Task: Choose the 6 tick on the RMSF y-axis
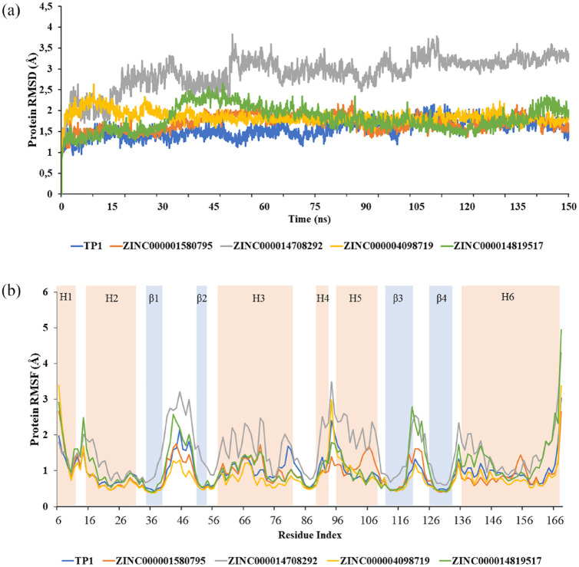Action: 48,292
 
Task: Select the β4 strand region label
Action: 441,297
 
